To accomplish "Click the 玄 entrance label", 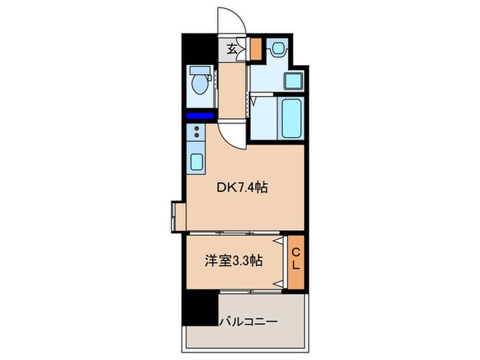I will (x=232, y=48).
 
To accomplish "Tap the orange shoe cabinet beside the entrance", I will (x=255, y=49).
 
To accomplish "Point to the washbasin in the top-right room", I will (x=279, y=49).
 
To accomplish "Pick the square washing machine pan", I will (x=294, y=82).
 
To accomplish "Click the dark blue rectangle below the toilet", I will (x=200, y=116).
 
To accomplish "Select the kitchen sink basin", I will (x=195, y=162).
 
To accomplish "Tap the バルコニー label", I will (x=248, y=321).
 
